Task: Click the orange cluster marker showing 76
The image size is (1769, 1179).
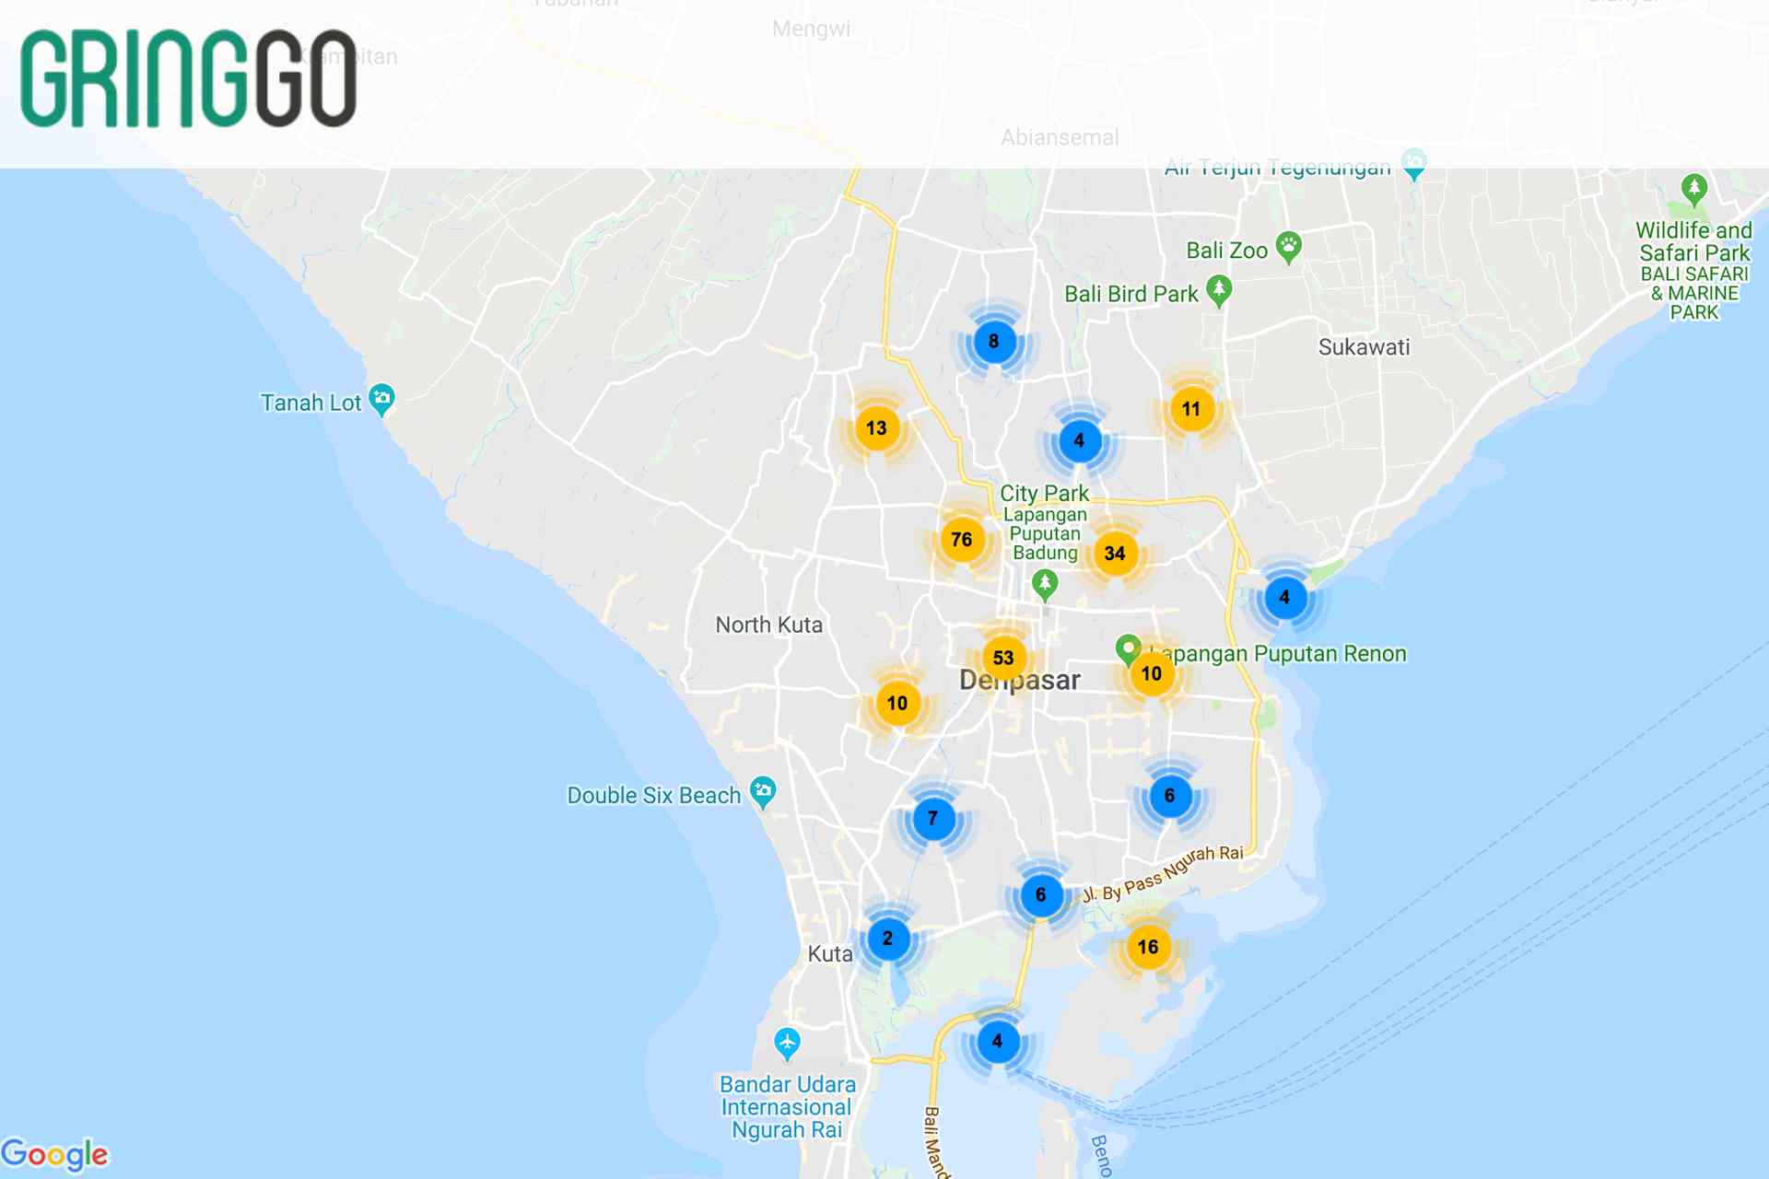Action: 961,540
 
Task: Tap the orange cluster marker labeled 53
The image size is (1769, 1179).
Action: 1003,658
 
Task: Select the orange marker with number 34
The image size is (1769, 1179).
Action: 1115,554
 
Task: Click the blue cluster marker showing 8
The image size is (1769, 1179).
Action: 993,342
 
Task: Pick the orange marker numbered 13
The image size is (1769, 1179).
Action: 876,428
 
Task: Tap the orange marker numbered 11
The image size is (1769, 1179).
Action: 1191,409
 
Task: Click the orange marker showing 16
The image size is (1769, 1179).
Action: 1148,947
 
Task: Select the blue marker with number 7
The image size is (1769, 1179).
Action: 932,818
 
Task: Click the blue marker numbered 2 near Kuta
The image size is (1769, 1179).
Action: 887,939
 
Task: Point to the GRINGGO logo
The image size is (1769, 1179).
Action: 189,79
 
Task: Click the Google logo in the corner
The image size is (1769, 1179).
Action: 54,1154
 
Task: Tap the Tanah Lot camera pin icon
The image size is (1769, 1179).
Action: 381,399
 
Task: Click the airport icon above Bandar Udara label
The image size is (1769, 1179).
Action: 787,1043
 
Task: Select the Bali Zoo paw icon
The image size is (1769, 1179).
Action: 1289,246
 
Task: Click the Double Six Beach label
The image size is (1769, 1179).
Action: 653,796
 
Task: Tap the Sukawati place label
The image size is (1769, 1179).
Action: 1364,347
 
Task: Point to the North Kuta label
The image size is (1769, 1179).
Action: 768,625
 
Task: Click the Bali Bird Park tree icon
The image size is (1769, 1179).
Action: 1219,289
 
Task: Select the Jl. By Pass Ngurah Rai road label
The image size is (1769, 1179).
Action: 1164,873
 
